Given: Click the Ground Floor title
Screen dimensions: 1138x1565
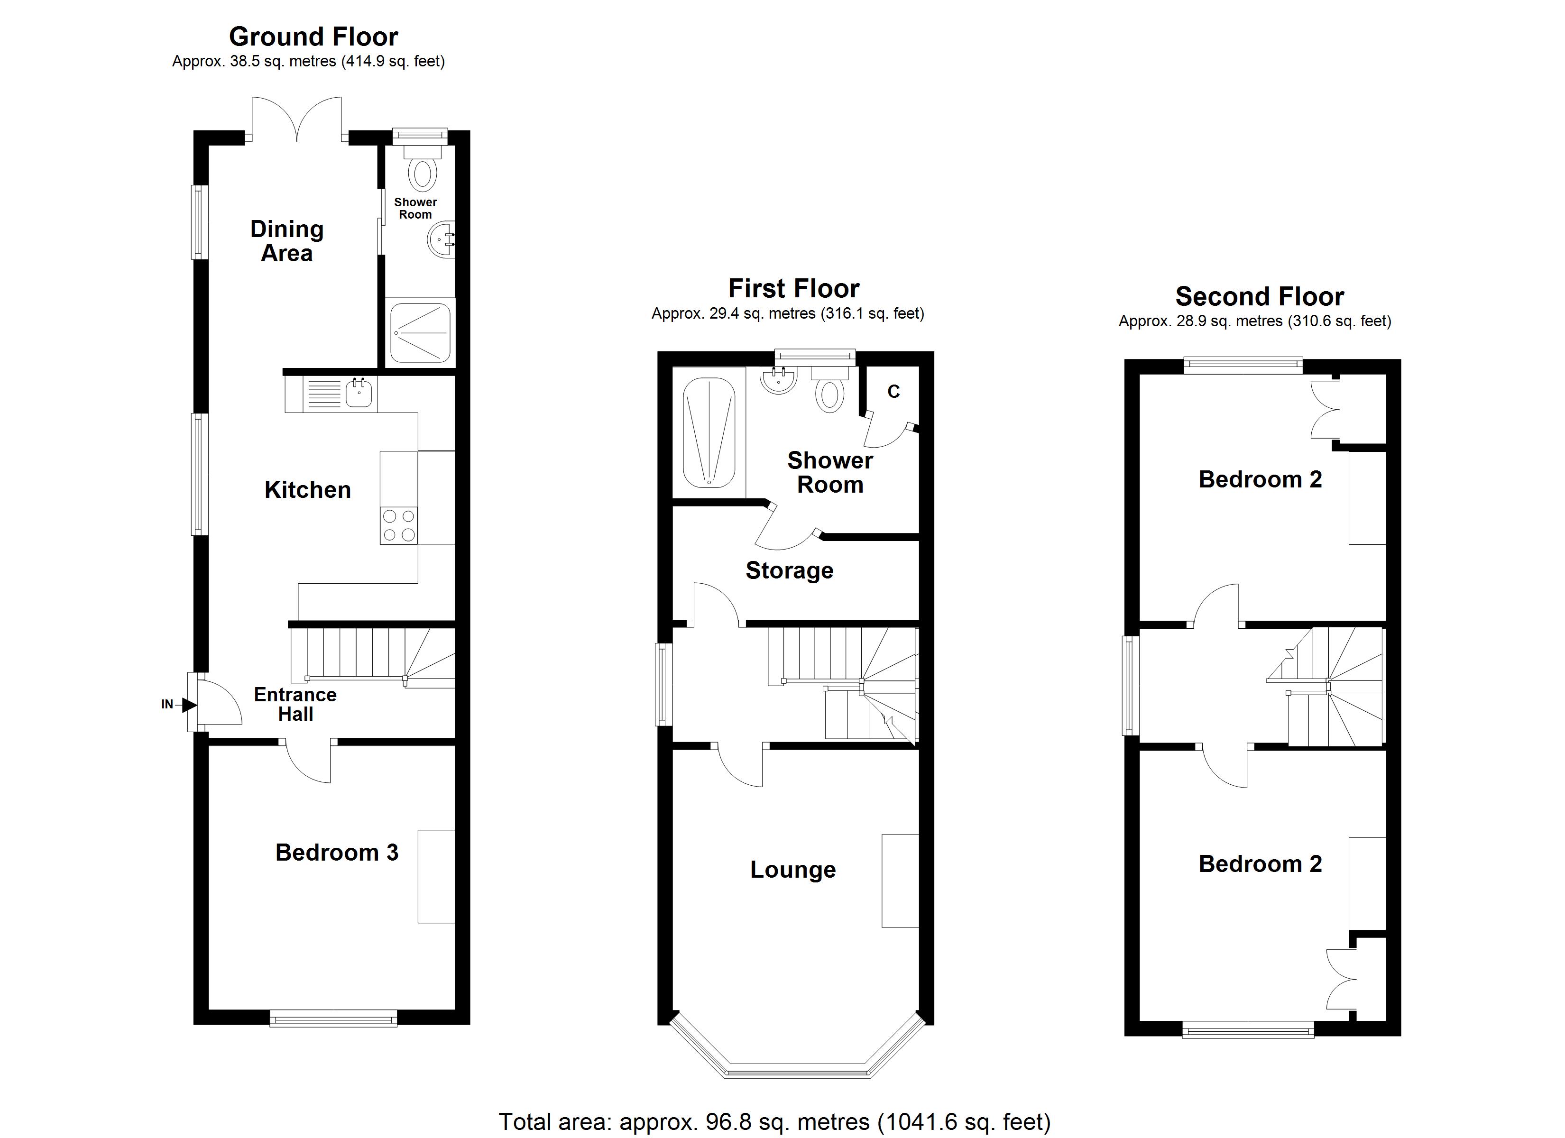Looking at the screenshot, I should [313, 37].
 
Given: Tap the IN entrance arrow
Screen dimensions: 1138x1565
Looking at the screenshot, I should [188, 705].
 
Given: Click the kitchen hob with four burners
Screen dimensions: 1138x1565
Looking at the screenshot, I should [399, 525].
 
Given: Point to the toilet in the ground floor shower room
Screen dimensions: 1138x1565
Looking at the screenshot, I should [422, 174].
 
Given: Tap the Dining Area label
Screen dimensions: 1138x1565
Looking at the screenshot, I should [286, 241].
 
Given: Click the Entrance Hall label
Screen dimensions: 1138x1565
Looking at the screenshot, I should [295, 704].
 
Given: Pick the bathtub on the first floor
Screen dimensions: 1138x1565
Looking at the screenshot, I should [709, 433].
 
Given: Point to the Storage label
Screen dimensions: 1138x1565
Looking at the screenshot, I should [790, 570].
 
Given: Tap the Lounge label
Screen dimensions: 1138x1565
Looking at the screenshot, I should [793, 870].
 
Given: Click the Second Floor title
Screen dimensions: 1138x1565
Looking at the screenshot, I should [1259, 297].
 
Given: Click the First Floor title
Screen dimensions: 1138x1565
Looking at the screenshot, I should [793, 288].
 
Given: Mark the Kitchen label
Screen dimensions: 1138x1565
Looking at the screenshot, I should [308, 490].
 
